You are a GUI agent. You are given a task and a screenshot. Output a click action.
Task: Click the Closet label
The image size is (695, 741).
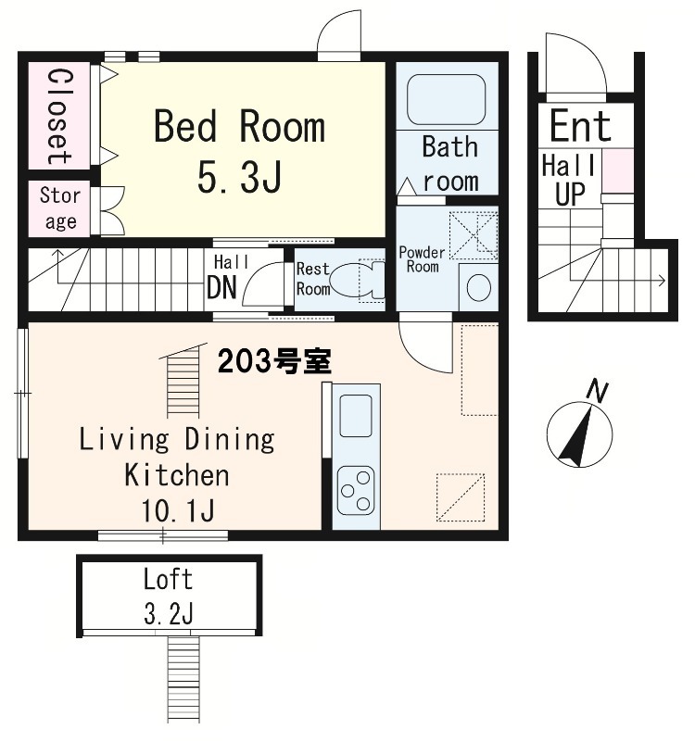click(57, 115)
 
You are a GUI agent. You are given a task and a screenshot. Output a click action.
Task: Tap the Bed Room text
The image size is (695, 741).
click(239, 127)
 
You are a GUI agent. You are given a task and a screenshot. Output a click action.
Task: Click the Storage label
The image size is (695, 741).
click(59, 208)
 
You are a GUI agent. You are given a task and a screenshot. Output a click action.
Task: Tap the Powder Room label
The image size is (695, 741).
click(422, 259)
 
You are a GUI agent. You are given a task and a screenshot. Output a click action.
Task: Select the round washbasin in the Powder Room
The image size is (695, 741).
click(478, 287)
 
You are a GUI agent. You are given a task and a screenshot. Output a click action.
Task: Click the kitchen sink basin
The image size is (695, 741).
click(355, 414)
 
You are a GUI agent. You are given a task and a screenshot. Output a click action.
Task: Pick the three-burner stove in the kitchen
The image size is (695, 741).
click(355, 491)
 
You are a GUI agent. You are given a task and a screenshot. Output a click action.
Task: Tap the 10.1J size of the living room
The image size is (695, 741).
click(177, 510)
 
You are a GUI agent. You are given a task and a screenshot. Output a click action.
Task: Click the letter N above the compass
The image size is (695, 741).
click(599, 392)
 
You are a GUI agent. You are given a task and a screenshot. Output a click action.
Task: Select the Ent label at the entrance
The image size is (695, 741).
click(580, 126)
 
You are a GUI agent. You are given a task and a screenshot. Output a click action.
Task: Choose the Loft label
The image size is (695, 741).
click(169, 580)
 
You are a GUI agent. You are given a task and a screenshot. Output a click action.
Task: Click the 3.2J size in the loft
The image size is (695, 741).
click(169, 612)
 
